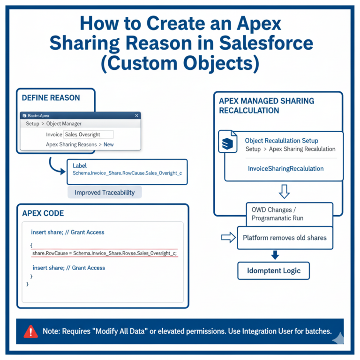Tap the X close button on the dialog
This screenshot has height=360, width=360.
[136, 115]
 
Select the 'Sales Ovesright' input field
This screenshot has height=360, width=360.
[88, 135]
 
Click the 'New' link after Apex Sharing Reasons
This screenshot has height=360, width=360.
[108, 144]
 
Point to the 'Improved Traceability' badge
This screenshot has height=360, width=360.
[105, 192]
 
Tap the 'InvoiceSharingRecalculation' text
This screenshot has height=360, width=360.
[285, 168]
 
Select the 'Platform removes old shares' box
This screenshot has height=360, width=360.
[285, 238]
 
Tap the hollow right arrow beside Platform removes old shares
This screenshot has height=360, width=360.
[228, 238]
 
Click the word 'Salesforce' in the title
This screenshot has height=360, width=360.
[257, 43]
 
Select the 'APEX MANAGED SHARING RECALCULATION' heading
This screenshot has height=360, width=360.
[266, 106]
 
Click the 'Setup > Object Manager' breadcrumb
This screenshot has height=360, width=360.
[53, 124]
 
